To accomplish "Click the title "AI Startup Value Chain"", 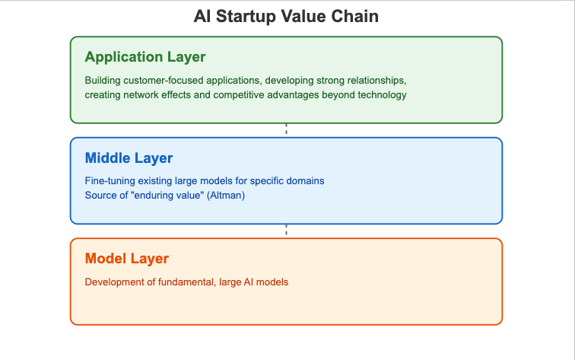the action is point(286,17).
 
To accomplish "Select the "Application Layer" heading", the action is point(145,57).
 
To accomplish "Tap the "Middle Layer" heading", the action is point(129,158).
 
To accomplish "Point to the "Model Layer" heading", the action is point(127,259).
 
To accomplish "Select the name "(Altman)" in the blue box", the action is point(226,196).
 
